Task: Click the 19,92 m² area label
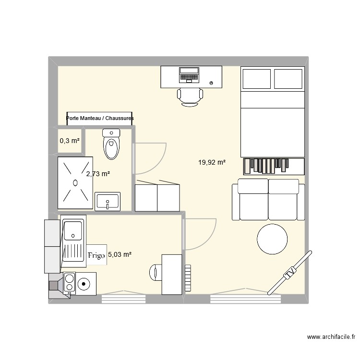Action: click(212, 163)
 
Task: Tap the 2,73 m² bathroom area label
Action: click(98, 174)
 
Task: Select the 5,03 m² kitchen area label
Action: click(120, 255)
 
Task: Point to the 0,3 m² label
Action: click(70, 141)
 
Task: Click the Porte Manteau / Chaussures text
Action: click(100, 118)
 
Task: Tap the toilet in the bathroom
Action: click(111, 143)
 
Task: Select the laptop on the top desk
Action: click(189, 75)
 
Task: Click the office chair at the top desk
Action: click(190, 96)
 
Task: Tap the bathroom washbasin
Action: click(108, 201)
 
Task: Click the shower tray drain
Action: click(75, 182)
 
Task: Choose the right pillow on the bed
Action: click(288, 79)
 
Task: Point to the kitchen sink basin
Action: click(73, 229)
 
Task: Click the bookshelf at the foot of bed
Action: click(274, 166)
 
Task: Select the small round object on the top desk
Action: click(212, 83)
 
